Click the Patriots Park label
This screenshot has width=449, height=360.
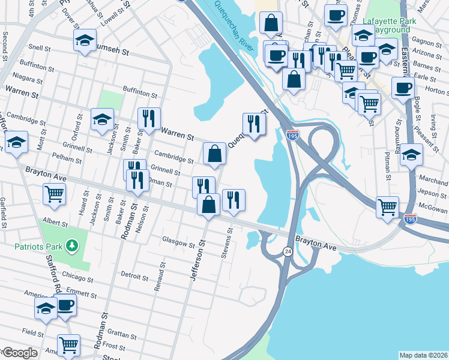coord(40,247)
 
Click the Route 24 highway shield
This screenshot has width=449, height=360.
coord(288,252)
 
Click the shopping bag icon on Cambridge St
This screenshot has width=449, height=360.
coord(214,154)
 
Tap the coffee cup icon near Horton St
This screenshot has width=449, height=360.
coord(402,88)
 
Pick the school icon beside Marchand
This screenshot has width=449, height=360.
coord(411,155)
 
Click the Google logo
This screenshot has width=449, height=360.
coord(20,353)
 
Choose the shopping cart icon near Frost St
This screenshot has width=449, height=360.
coord(68,345)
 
